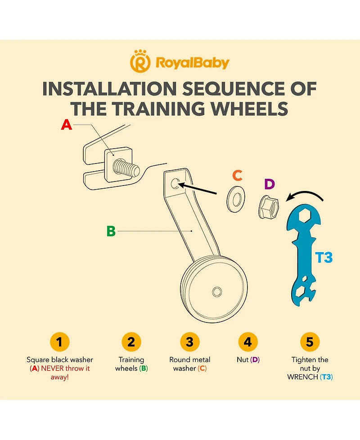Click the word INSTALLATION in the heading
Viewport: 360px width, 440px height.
point(109,89)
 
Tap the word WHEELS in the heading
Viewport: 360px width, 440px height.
point(249,109)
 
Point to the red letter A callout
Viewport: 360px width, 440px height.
point(67,125)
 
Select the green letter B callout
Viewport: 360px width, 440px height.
point(111,231)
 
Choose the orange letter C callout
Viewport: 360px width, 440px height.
point(237,175)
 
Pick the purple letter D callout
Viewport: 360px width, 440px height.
point(270,184)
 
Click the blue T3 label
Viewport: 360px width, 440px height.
point(324,257)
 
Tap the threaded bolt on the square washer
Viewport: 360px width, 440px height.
point(126,167)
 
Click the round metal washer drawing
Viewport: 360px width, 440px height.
point(236,199)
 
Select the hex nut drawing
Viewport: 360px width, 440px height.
point(268,207)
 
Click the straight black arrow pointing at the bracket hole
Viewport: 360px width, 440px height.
point(198,188)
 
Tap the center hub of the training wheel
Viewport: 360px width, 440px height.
point(217,292)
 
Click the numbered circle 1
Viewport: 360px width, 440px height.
point(59,342)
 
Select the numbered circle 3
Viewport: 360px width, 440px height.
point(189,342)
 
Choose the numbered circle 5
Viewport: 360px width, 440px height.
point(310,342)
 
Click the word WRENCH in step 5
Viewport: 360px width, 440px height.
point(302,377)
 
